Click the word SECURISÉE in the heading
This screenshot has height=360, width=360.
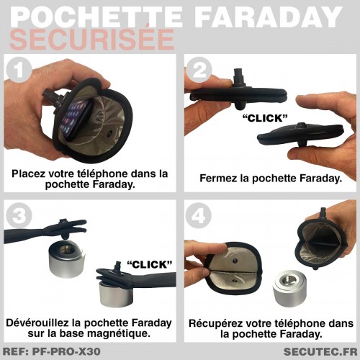pos(92,39)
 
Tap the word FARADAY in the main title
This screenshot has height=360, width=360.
pos(269,17)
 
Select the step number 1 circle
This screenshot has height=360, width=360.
pos(19,70)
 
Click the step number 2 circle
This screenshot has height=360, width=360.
pos(199,70)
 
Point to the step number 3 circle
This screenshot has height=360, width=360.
pos(19,215)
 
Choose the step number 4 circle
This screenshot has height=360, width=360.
pos(199,215)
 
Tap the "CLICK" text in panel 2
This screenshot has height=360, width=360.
pos(265,118)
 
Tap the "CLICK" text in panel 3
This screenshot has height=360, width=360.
pos(150,264)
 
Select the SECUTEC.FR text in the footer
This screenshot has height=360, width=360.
pos(320,352)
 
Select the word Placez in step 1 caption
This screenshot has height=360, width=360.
pos(28,174)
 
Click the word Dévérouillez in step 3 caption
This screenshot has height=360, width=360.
pos(37,323)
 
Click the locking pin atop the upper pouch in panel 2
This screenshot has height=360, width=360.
pos(239,76)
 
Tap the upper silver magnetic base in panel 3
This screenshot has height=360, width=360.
pos(67,261)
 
